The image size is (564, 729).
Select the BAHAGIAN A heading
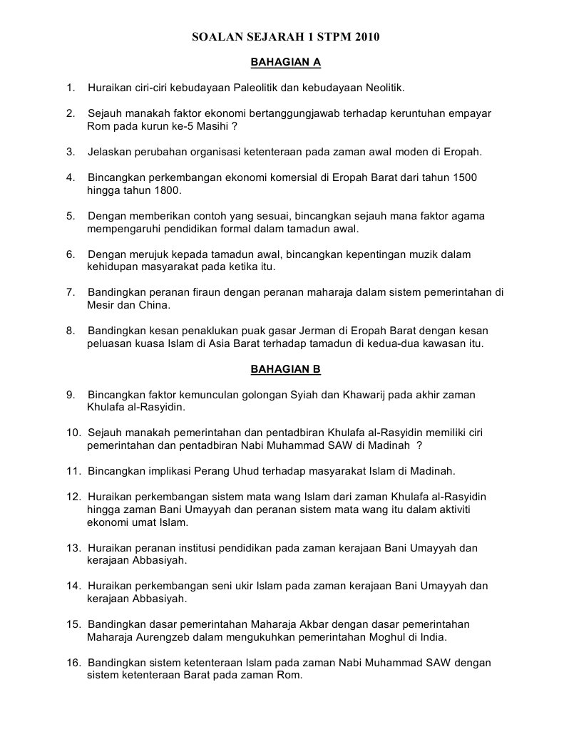click(286, 63)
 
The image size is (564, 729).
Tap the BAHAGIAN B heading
click(286, 369)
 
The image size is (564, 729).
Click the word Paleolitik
click(258, 88)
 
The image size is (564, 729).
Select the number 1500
click(463, 177)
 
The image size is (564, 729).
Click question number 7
click(71, 292)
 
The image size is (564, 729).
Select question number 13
click(73, 548)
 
